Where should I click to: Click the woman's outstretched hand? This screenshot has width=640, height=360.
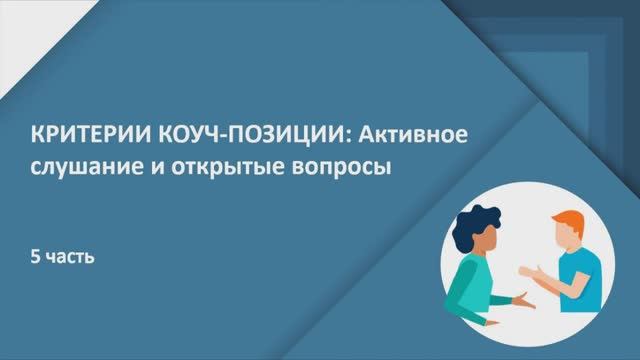522,300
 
